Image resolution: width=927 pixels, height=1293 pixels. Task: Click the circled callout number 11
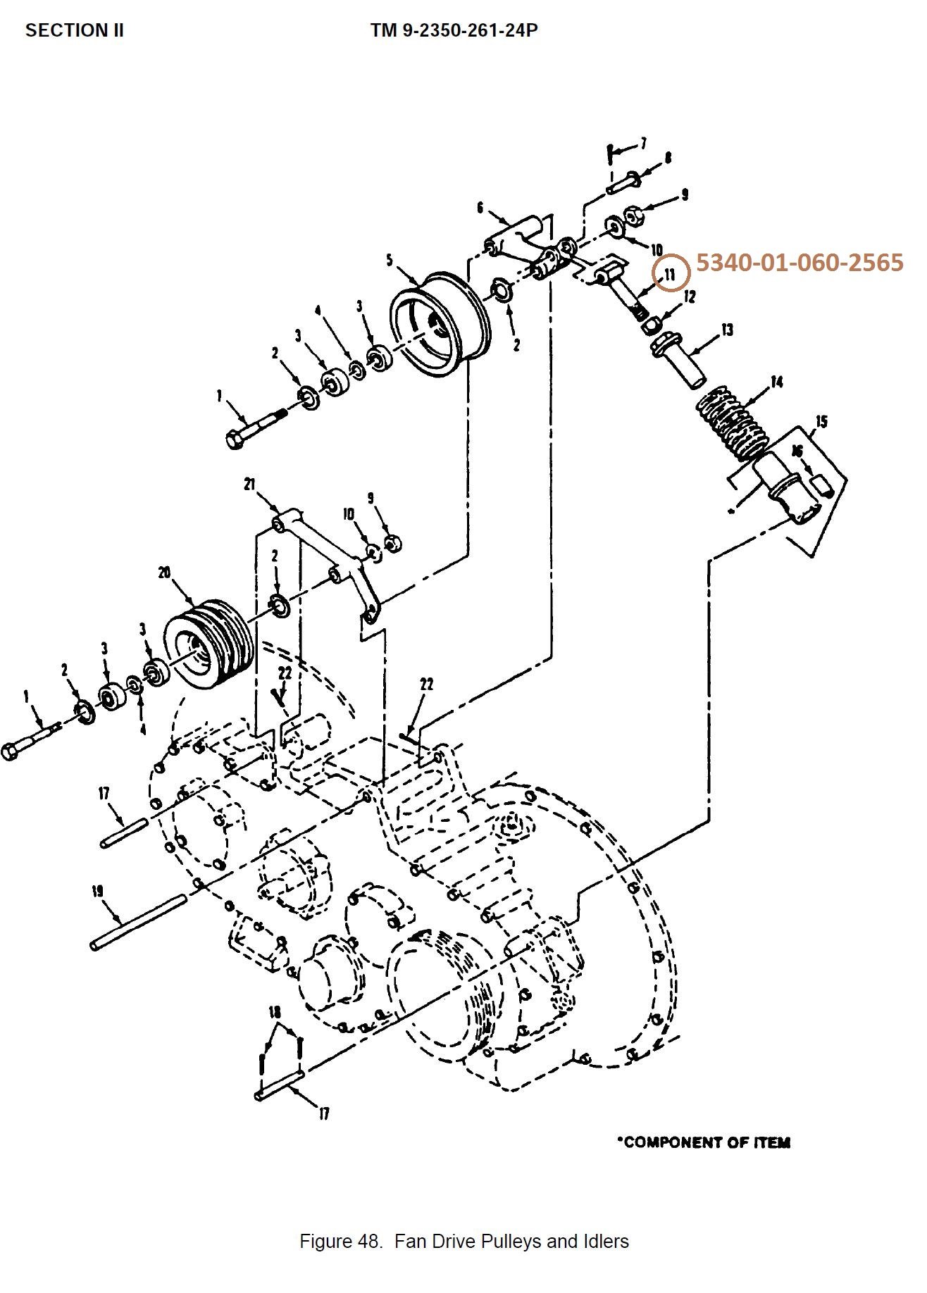click(x=670, y=273)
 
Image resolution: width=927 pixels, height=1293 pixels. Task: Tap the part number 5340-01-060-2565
click(x=800, y=263)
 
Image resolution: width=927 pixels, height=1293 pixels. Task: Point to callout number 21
click(x=249, y=485)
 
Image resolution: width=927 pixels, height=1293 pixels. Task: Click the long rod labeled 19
click(x=138, y=921)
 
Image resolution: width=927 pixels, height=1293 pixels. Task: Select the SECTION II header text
click(x=75, y=30)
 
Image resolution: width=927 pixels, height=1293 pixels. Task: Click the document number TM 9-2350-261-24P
click(x=454, y=30)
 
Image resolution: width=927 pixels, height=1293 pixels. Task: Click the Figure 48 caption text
click(x=464, y=1241)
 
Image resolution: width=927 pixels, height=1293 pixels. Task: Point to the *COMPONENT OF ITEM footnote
click(x=704, y=1142)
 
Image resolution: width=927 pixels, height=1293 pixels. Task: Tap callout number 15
click(x=821, y=422)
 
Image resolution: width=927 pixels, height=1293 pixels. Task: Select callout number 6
click(x=480, y=207)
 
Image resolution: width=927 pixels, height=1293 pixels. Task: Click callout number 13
click(x=727, y=330)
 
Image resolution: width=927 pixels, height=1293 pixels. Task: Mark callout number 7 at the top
click(x=642, y=143)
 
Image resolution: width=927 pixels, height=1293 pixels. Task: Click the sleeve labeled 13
click(x=678, y=361)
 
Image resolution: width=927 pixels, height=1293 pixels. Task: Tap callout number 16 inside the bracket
click(x=797, y=451)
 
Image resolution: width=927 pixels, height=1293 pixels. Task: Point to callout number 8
click(x=668, y=158)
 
